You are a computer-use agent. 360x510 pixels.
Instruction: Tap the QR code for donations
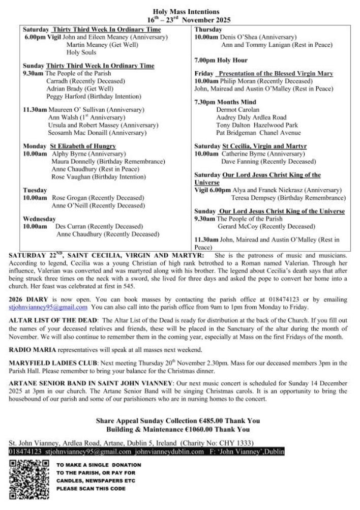(x=29, y=479)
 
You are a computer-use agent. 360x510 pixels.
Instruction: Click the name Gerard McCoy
(x=240, y=226)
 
